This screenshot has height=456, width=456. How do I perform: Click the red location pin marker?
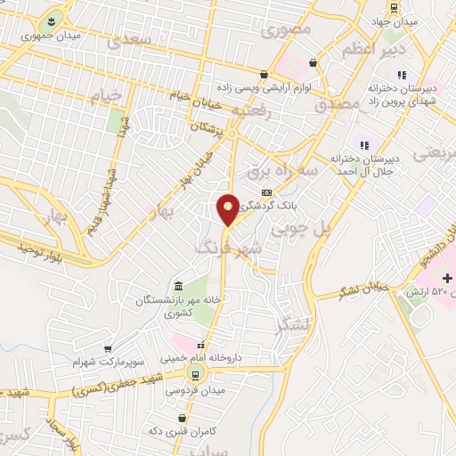click(228, 208)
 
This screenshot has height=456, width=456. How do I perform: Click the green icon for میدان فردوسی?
click(195, 374)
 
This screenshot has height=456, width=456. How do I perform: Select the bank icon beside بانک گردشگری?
click(265, 192)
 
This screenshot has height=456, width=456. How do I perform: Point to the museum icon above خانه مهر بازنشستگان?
click(179, 286)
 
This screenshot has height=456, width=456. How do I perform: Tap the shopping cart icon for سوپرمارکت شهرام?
click(109, 348)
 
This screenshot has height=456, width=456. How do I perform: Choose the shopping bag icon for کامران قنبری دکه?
click(182, 417)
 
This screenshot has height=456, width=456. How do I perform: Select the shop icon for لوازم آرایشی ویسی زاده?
click(264, 74)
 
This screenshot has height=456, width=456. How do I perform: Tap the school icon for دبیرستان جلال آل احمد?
click(362, 144)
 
